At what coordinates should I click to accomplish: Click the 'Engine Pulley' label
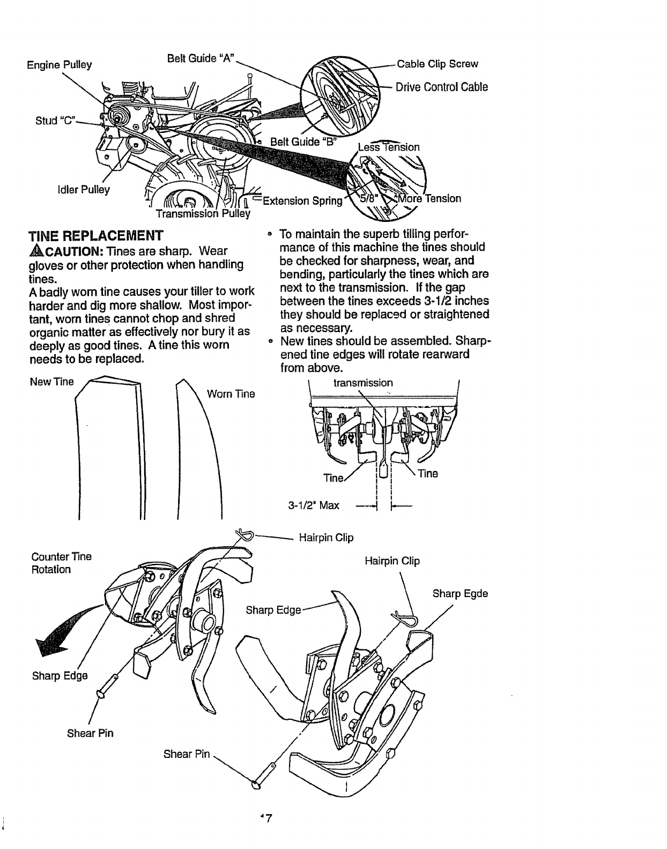59,65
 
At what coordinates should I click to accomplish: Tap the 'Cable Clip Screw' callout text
437,64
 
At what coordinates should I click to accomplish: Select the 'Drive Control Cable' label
441,87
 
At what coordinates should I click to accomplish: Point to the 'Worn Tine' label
231,394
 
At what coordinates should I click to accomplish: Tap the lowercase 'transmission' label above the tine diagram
363,383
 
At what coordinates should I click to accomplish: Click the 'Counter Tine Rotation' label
61,563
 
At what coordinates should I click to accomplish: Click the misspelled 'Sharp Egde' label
460,593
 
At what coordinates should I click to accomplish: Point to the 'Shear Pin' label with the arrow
186,754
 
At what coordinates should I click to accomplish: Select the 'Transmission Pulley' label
203,213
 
